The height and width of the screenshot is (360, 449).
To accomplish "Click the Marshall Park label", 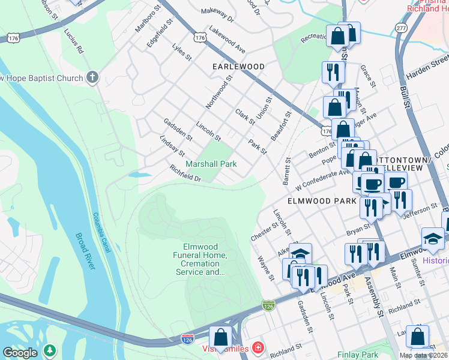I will click(211, 164).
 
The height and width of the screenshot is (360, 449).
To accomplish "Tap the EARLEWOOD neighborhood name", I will click(238, 67).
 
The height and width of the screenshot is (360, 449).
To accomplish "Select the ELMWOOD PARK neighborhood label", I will click(322, 201).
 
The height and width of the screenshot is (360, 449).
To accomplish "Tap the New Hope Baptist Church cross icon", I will click(92, 77).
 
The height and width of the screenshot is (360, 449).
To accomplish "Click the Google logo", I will click(20, 353).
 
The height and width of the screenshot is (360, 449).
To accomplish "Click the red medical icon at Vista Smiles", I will click(258, 348).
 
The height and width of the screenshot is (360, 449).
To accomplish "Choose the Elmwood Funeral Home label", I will click(205, 259).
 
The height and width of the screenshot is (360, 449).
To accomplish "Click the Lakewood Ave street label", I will click(227, 40).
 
